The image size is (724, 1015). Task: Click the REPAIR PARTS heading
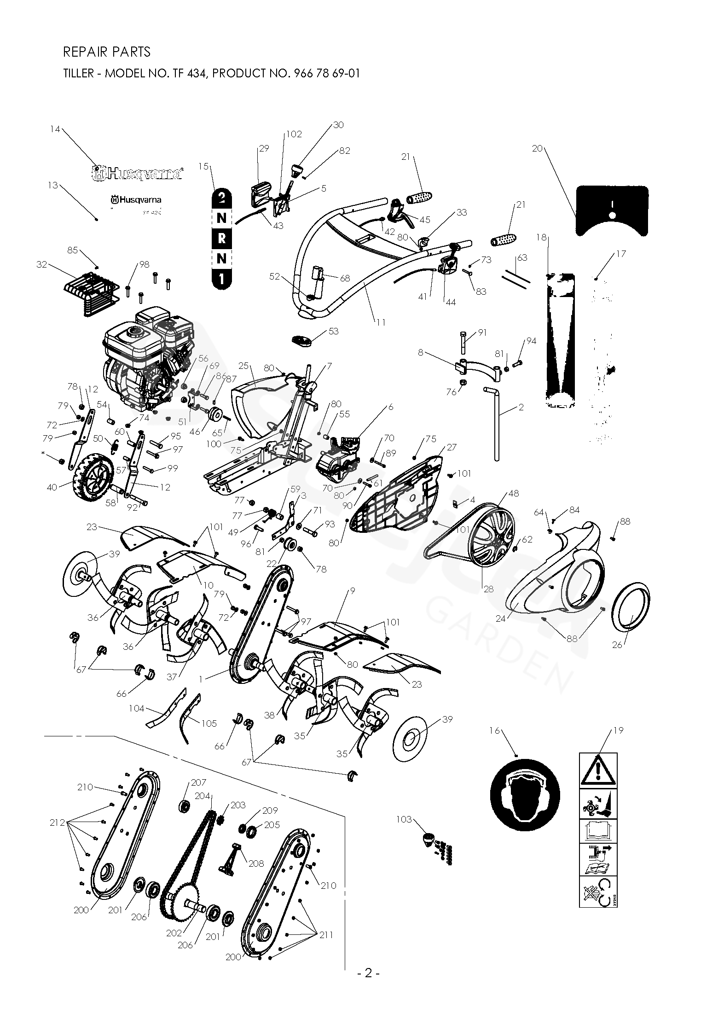click(106, 52)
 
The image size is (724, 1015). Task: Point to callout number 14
click(55, 129)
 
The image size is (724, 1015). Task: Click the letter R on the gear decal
click(221, 239)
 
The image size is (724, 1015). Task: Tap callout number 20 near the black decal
click(537, 149)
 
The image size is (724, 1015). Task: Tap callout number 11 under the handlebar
click(381, 322)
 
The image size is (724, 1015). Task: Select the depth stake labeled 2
click(496, 424)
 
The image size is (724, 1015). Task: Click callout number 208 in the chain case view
click(256, 863)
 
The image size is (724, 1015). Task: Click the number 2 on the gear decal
click(221, 198)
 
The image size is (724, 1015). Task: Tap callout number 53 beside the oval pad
click(333, 332)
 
